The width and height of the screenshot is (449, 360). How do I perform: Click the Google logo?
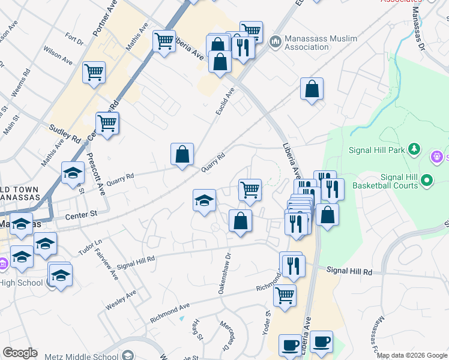20,353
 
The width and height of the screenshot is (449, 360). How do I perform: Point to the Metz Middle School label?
82,356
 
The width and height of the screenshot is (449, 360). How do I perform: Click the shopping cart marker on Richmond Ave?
285,295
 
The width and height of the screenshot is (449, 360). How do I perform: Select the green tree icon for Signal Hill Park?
413,148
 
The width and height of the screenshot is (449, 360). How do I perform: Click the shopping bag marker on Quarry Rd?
182,154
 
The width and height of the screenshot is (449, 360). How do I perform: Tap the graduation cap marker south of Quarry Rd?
204,200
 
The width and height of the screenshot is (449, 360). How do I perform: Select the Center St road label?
81,214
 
